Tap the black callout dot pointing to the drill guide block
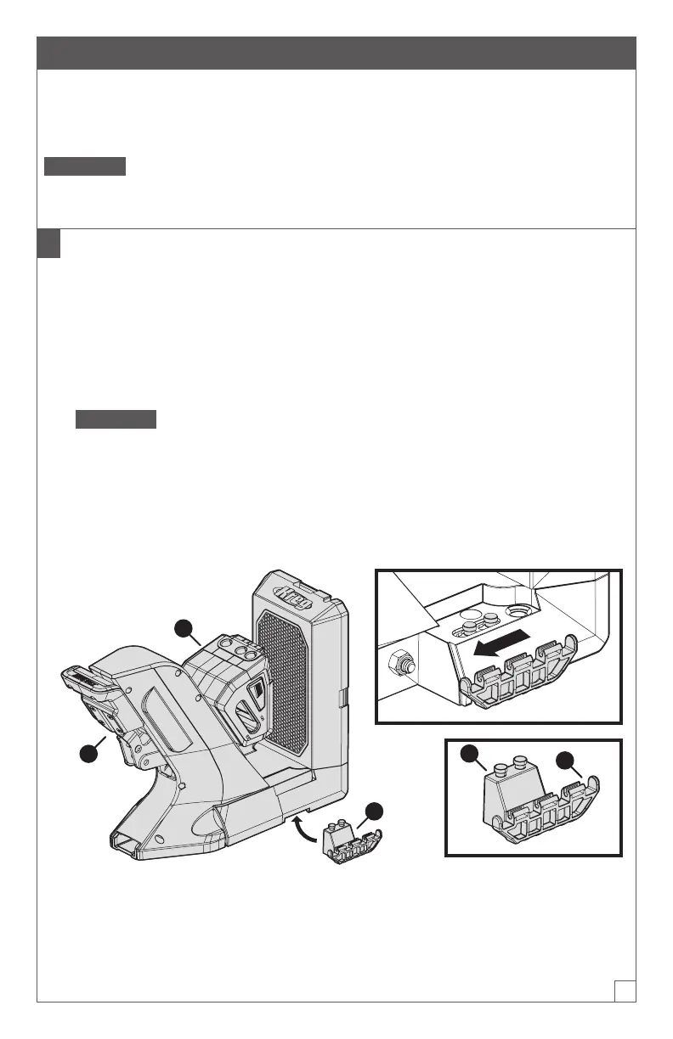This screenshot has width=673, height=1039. point(182,628)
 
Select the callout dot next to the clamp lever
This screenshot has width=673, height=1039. point(87,752)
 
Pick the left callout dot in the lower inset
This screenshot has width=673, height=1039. point(466,753)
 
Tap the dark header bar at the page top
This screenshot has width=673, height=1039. point(336,53)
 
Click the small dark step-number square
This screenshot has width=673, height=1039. point(48,244)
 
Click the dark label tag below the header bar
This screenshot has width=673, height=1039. point(85,166)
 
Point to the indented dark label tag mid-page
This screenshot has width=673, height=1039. point(116,419)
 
